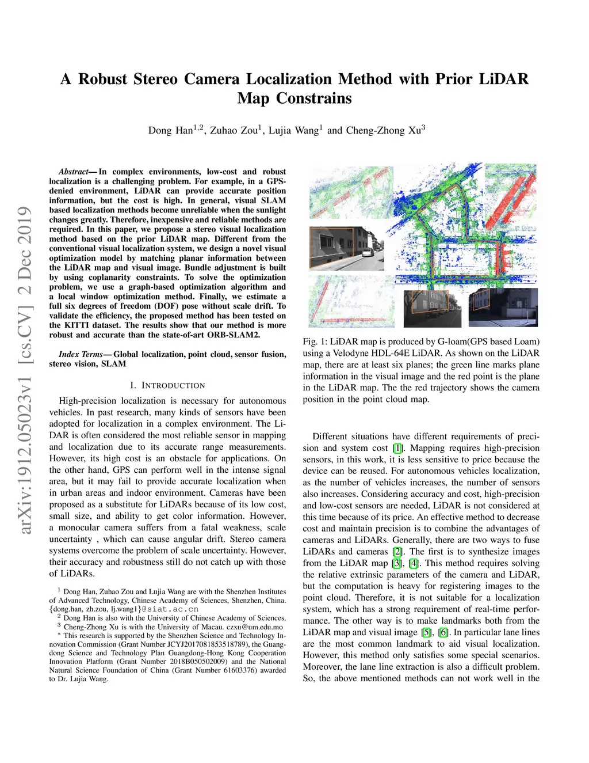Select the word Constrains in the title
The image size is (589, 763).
(x=313, y=98)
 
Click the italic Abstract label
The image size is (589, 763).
(x=73, y=172)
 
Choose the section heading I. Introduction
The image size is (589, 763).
(x=167, y=385)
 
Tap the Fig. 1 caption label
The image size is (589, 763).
(x=315, y=341)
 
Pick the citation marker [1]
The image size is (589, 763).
(x=397, y=448)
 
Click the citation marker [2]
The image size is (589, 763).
(x=397, y=552)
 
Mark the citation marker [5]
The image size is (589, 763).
(x=426, y=632)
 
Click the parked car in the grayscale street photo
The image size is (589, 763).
(x=368, y=253)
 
